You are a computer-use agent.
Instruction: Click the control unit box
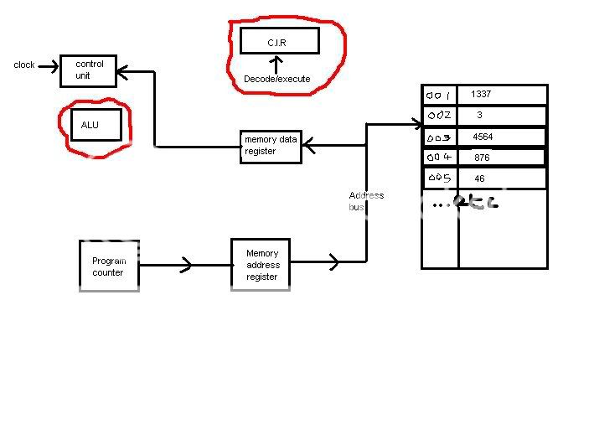[x=90, y=70]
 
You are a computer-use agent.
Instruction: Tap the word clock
[x=24, y=65]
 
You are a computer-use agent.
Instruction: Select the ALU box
[x=95, y=126]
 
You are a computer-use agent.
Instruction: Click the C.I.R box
[x=279, y=41]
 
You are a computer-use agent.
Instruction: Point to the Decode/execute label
[x=276, y=79]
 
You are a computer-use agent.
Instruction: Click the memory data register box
[x=271, y=145]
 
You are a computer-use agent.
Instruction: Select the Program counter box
[x=108, y=266]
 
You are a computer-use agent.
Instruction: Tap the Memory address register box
[x=262, y=265]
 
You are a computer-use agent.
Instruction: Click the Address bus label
[x=366, y=200]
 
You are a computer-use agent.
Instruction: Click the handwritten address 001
[x=439, y=95]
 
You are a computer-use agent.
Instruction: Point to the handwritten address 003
[x=439, y=137]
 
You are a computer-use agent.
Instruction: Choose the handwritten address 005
[x=439, y=179]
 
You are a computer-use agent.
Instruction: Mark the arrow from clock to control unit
[x=49, y=65]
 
